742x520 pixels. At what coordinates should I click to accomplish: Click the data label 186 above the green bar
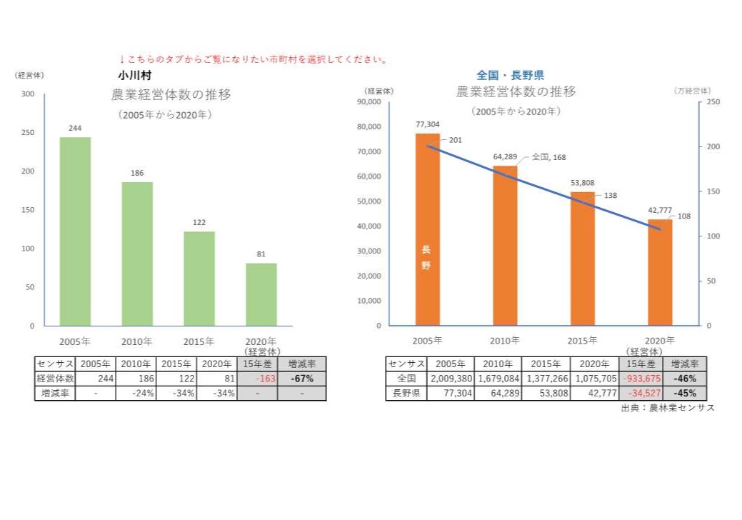pyautogui.click(x=137, y=174)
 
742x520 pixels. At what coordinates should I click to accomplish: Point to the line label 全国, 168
pyautogui.click(x=548, y=157)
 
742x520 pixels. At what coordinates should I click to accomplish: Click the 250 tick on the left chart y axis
pyautogui.click(x=26, y=133)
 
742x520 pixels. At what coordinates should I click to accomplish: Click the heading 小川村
pyautogui.click(x=133, y=74)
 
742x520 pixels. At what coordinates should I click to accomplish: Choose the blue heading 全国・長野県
pyautogui.click(x=510, y=74)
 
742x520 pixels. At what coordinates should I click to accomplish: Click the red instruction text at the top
pyautogui.click(x=253, y=59)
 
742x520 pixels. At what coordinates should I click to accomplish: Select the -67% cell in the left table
pyautogui.click(x=301, y=379)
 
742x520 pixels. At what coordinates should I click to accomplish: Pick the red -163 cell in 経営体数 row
pyautogui.click(x=257, y=379)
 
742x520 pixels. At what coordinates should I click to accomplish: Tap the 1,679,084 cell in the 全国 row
pyautogui.click(x=497, y=379)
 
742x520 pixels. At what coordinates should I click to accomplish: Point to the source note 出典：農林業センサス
pyautogui.click(x=667, y=408)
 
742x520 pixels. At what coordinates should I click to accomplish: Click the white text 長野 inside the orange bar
pyautogui.click(x=426, y=257)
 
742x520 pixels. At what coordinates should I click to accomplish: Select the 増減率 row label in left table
pyautogui.click(x=54, y=393)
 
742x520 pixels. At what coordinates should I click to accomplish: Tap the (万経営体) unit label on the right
pyautogui.click(x=691, y=91)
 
